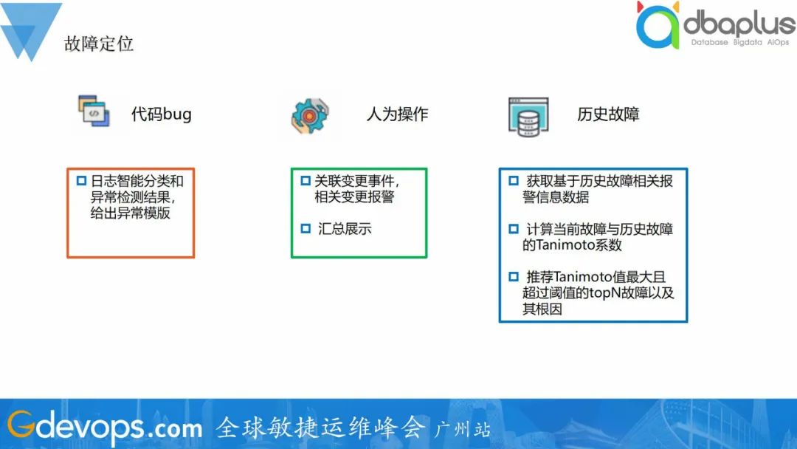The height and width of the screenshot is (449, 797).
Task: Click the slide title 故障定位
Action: tap(99, 44)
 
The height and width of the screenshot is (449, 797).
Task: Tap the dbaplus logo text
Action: tap(739, 24)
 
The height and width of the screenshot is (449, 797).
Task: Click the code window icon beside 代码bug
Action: tap(94, 110)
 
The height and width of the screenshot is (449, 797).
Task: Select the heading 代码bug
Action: tap(161, 114)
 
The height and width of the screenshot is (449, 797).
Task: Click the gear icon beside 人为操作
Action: tap(310, 116)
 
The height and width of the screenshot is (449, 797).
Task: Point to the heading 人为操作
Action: tap(397, 114)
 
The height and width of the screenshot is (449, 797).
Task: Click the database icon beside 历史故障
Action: tap(528, 117)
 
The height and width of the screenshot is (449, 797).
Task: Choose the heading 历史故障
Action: tap(608, 114)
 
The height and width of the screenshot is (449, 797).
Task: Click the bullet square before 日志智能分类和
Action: tap(81, 180)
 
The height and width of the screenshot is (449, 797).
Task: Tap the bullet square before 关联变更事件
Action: tap(306, 180)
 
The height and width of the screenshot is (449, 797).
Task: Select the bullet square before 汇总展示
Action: tap(306, 228)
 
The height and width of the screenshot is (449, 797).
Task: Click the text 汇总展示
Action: tap(345, 229)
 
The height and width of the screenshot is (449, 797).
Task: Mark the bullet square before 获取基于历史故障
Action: tap(514, 180)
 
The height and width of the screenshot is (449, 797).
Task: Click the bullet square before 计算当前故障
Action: tap(514, 228)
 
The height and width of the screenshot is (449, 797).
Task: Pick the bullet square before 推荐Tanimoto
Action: tap(514, 276)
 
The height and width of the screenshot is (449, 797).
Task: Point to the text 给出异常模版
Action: tap(130, 213)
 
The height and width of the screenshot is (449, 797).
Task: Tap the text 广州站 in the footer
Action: tap(462, 430)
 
